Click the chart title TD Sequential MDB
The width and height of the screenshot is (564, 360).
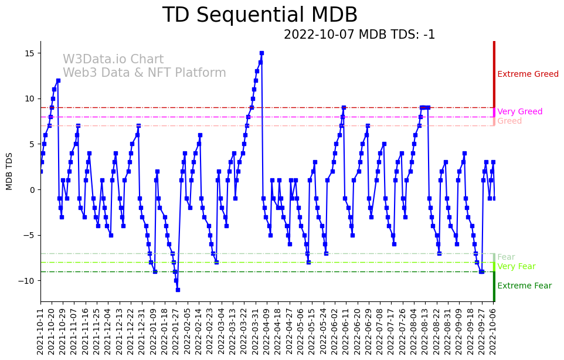pos(260,15)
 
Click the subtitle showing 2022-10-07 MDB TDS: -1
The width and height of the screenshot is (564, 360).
pos(359,35)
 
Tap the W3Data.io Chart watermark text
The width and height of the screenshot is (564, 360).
pos(113,60)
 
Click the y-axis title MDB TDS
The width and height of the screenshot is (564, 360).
pos(9,171)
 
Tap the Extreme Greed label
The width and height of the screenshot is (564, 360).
pos(528,74)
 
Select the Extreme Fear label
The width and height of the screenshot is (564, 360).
pos(524,286)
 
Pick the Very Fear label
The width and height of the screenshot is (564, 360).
pos(516,267)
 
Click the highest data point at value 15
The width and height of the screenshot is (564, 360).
pos(261,53)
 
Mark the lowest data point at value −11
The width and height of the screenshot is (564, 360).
pos(178,290)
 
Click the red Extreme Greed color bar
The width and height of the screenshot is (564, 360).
pos(494,74)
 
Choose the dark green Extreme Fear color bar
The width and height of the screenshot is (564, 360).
pos(494,286)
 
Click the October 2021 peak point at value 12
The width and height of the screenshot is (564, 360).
pos(58,80)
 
